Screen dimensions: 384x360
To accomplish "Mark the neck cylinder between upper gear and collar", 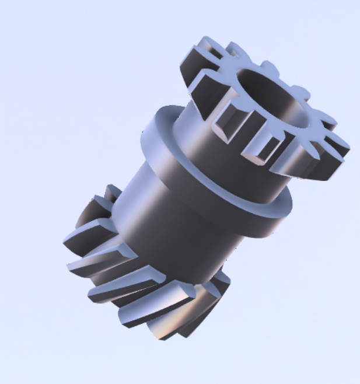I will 198,134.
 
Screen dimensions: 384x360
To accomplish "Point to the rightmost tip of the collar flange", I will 289,201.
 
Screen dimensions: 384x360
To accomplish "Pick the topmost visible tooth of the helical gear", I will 111,193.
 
